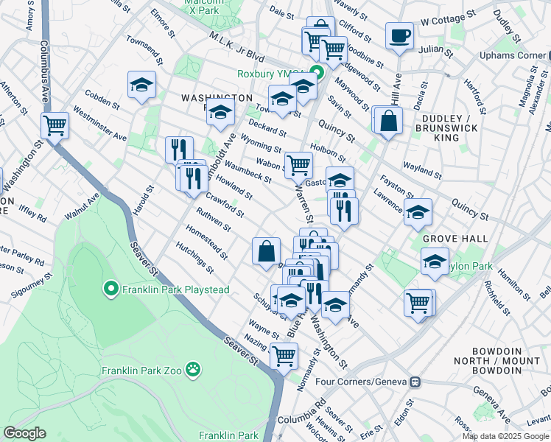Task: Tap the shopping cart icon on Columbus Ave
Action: pyautogui.click(x=55, y=126)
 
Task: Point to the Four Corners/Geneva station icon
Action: pyautogui.click(x=415, y=382)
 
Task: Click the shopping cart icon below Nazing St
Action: pyautogui.click(x=284, y=356)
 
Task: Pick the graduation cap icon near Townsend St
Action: pyautogui.click(x=141, y=85)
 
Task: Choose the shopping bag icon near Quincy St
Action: pyautogui.click(x=388, y=120)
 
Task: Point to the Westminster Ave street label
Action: pyautogui.click(x=101, y=127)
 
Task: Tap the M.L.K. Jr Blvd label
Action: pyautogui.click(x=236, y=46)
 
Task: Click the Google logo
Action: pyautogui.click(x=25, y=433)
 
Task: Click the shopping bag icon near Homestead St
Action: pyautogui.click(x=265, y=251)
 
